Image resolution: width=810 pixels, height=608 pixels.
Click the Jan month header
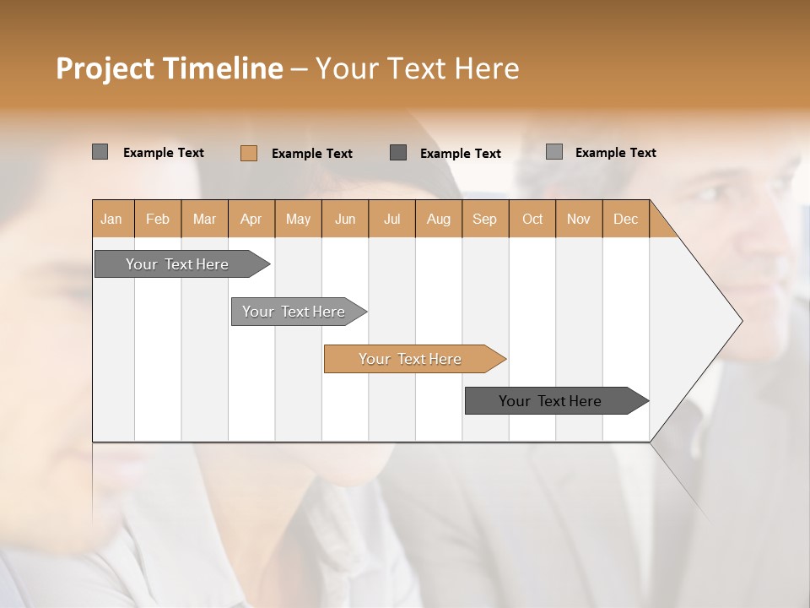[x=111, y=219]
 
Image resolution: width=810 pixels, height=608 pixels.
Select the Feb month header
[x=158, y=219]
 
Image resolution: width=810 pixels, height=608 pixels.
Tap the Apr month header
[x=251, y=219]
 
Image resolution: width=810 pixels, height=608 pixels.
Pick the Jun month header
[x=345, y=219]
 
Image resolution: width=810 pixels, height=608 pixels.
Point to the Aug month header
[x=439, y=219]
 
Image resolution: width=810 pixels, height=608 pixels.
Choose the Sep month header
[x=484, y=219]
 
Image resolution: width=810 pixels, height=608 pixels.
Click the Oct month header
[x=532, y=219]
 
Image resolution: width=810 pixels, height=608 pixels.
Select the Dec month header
[x=625, y=219]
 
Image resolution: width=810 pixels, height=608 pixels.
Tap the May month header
[x=298, y=219]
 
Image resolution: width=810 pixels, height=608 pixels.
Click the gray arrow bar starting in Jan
[x=177, y=264]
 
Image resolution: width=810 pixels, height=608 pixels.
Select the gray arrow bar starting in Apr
[x=294, y=312]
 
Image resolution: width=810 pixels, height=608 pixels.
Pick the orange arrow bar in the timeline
[x=410, y=359]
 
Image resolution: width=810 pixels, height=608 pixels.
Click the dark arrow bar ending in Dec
[x=550, y=401]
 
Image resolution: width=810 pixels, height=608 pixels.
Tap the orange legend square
[x=249, y=153]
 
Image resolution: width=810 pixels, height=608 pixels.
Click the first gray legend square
[x=100, y=152]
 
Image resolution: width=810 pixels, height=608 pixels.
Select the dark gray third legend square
[x=398, y=152]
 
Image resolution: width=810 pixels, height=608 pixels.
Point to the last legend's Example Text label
[x=615, y=152]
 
